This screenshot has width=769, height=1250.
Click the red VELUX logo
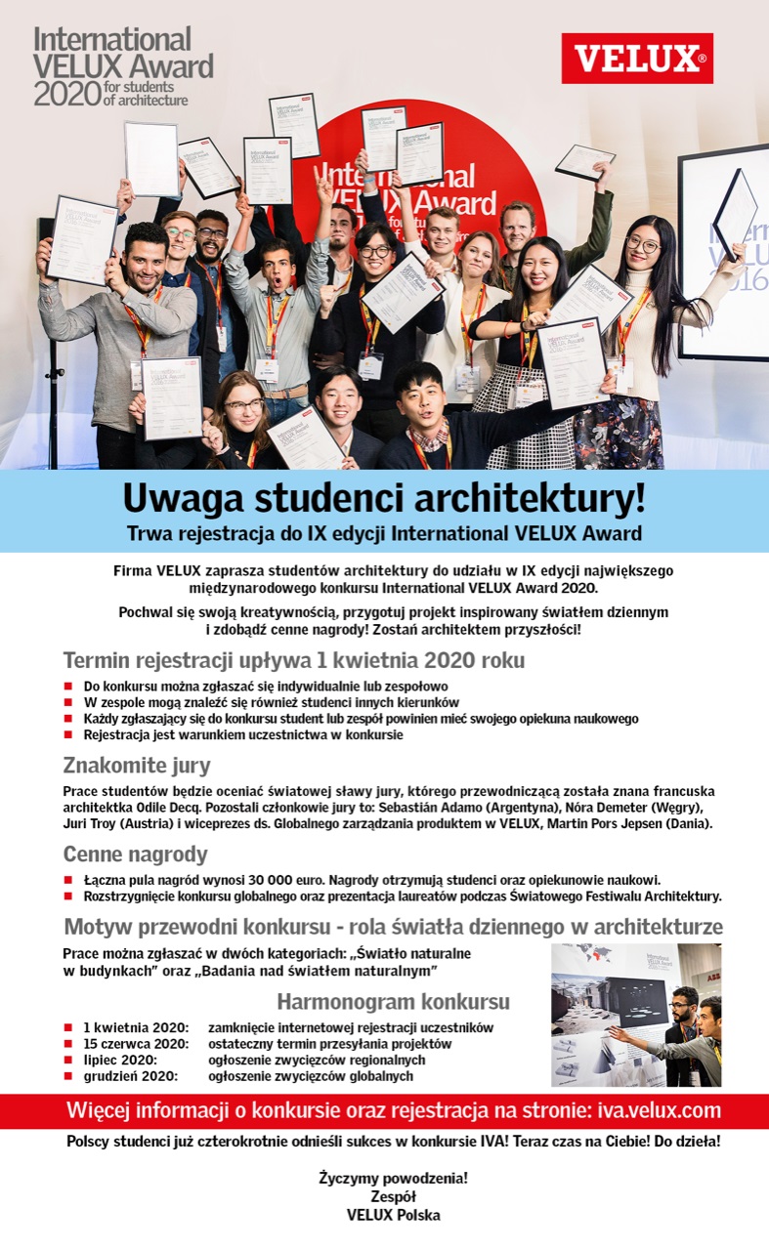[637, 59]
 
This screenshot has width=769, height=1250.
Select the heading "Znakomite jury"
[137, 765]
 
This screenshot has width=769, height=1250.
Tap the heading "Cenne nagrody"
[135, 854]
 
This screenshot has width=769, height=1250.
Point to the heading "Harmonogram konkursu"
[393, 1002]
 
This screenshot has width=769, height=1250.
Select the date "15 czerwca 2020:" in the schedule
[129, 1044]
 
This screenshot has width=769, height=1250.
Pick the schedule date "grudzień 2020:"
[130, 1076]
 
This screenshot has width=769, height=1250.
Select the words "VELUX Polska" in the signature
[393, 1215]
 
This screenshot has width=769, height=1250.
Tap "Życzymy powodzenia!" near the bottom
[393, 1179]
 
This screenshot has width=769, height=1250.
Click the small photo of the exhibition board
[636, 1015]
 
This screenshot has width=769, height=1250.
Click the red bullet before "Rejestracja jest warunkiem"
[68, 734]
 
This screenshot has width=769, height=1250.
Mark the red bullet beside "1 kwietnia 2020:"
[68, 1028]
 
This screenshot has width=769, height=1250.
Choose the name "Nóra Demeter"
[598, 807]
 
